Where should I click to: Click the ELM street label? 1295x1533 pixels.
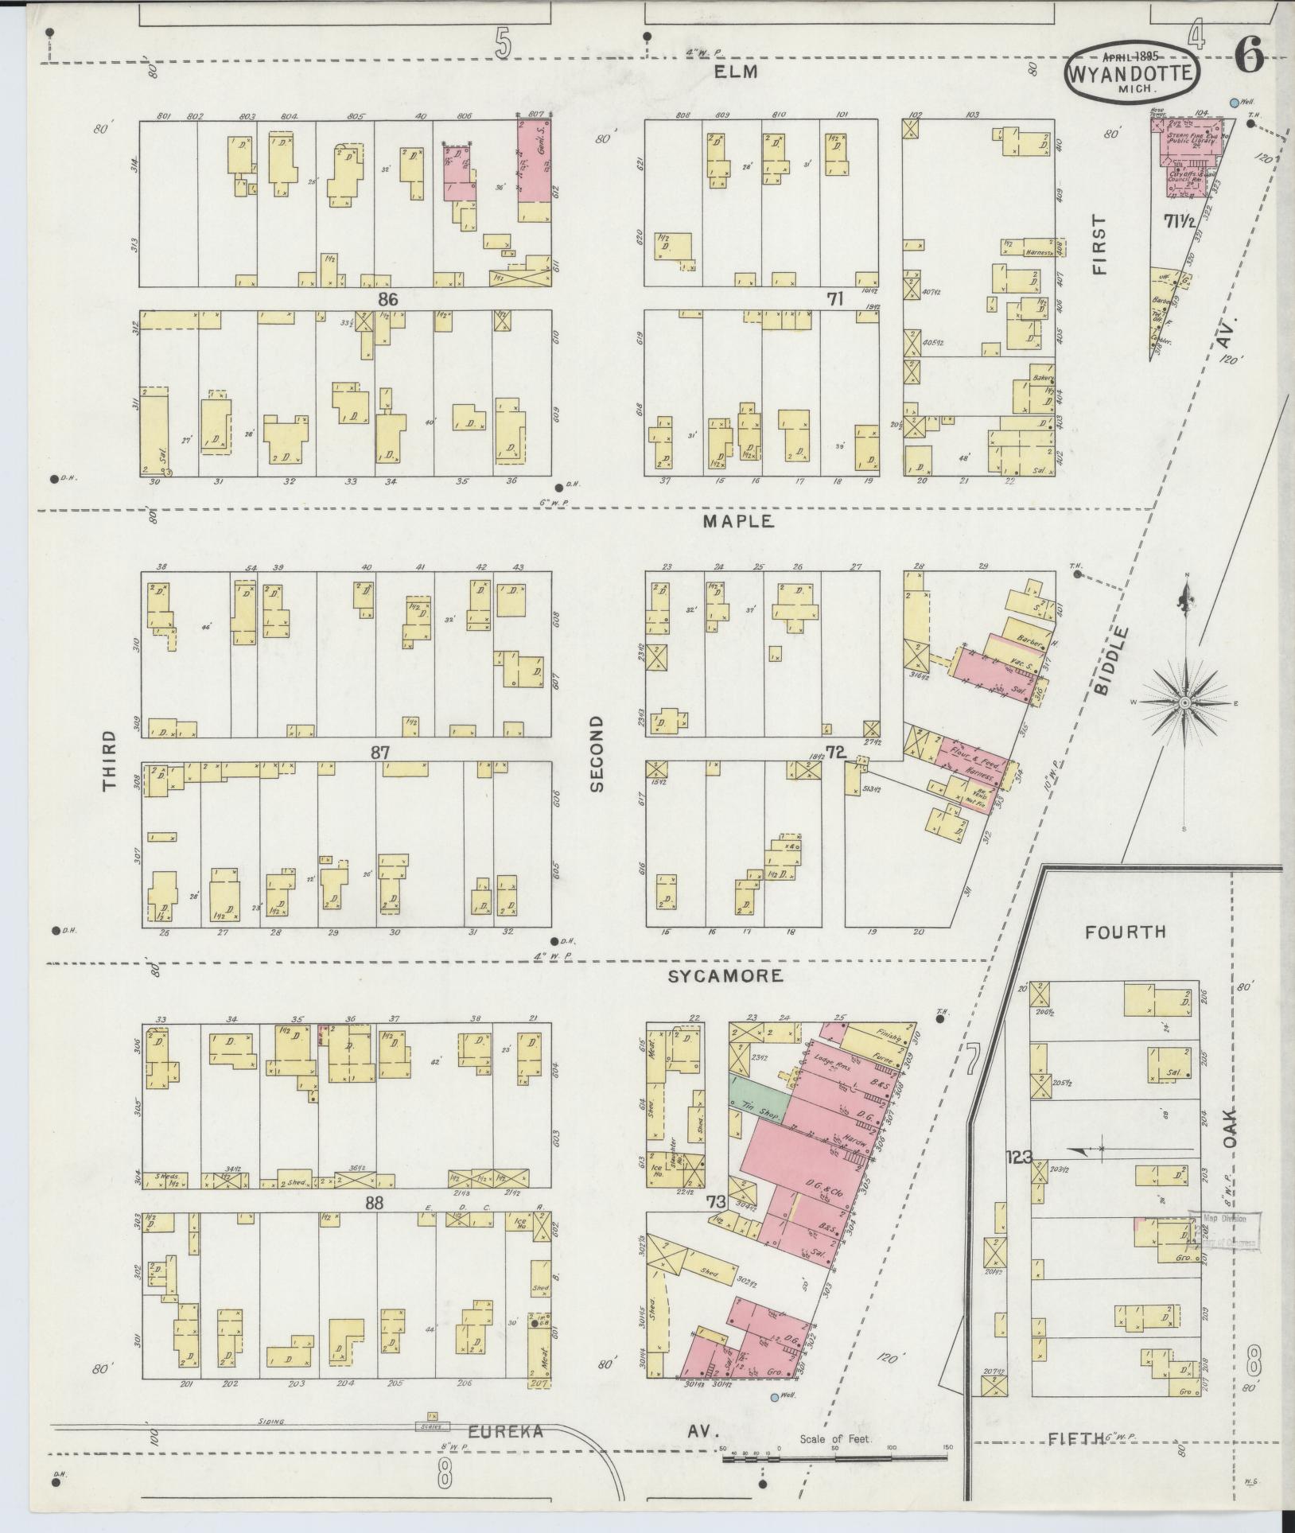click(737, 72)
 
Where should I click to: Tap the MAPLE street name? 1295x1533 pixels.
click(737, 522)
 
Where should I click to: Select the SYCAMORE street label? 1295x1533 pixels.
click(725, 975)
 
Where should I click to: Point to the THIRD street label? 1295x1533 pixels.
click(109, 761)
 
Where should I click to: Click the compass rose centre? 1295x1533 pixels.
click(1184, 702)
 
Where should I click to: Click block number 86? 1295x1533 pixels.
click(387, 299)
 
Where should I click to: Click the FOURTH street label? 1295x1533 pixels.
click(1126, 932)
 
